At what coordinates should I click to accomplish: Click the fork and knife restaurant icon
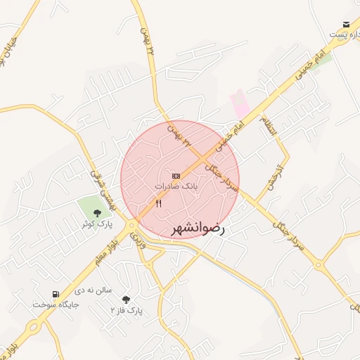(x=158, y=204)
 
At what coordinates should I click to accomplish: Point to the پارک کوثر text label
(x=96, y=224)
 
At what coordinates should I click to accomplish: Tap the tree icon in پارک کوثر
(x=96, y=212)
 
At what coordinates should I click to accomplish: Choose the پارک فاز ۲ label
(x=127, y=310)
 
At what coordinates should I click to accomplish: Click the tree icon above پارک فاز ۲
(x=126, y=299)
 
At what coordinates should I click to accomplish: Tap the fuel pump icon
(x=56, y=294)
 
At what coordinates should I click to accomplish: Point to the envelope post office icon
(x=346, y=25)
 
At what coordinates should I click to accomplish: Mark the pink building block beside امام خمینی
(x=240, y=103)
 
